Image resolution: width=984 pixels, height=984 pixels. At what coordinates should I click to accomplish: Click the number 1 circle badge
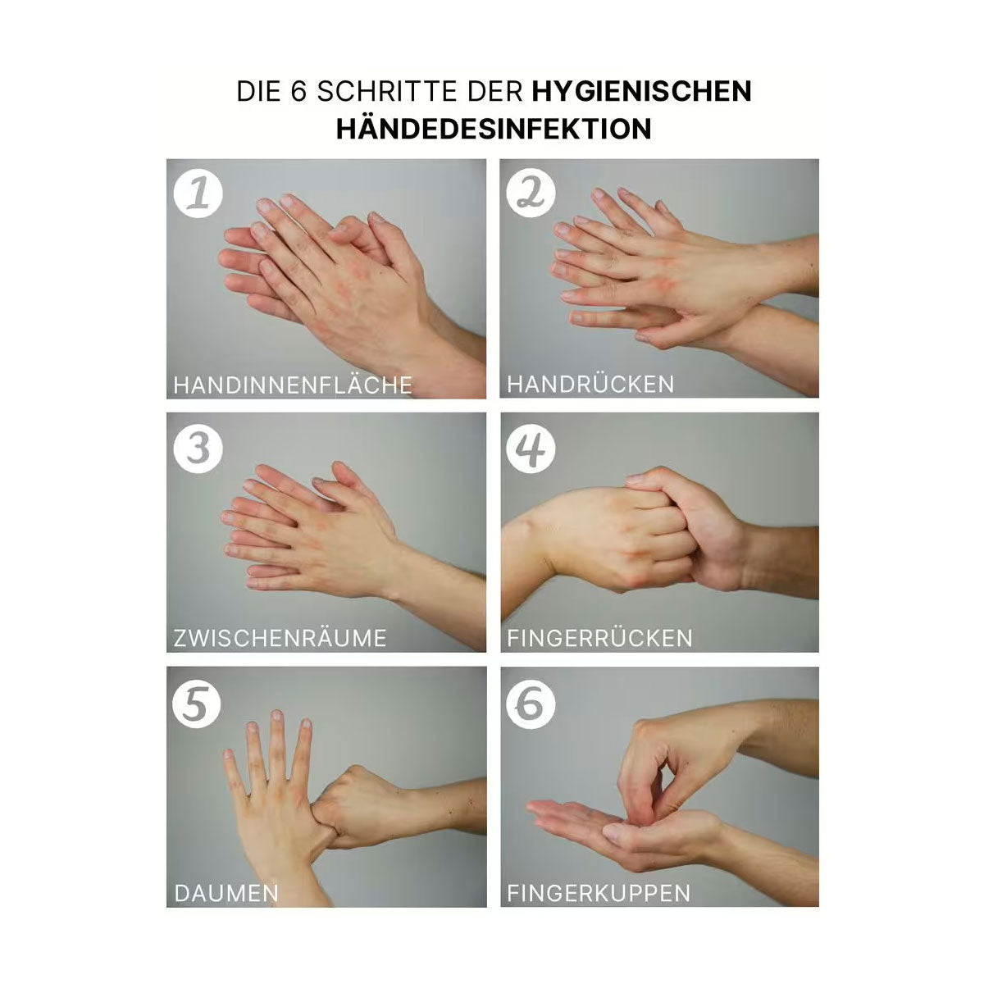[x=198, y=194]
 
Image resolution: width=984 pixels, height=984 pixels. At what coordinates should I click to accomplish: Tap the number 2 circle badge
[x=531, y=194]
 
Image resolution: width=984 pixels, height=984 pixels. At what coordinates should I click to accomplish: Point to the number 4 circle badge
[x=531, y=449]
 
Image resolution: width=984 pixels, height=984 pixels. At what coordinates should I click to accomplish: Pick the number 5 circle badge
[x=197, y=704]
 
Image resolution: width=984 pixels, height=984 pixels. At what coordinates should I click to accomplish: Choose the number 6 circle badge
[x=531, y=704]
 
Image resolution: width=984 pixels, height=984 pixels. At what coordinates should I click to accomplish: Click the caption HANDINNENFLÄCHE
[x=293, y=385]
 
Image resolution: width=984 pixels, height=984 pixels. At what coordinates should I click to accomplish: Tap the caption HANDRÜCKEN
[x=590, y=384]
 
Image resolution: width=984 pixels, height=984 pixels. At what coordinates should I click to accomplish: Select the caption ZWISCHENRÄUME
[x=280, y=638]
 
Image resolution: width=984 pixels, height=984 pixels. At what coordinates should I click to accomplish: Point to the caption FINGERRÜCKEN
[x=599, y=638]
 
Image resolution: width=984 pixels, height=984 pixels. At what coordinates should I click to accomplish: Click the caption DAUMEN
[x=226, y=893]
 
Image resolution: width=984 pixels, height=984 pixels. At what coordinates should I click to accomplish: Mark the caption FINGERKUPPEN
[x=599, y=893]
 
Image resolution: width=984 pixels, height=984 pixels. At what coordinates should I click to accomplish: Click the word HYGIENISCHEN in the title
[x=641, y=90]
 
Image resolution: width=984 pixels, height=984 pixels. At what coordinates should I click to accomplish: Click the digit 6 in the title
[x=298, y=90]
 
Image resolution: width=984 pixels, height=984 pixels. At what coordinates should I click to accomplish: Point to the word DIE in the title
[x=257, y=90]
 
